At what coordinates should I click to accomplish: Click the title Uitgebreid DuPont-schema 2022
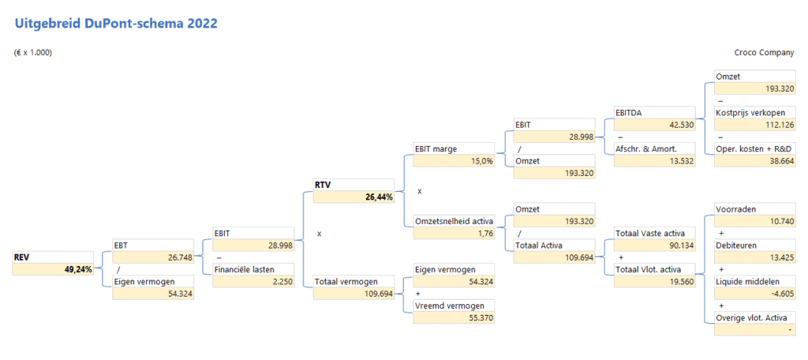pos(115,23)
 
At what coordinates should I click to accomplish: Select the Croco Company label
pos(764,53)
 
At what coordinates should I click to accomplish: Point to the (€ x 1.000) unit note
pos(33,53)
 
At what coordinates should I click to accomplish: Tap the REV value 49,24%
pos(78,269)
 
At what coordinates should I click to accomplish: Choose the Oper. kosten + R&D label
pos(754,148)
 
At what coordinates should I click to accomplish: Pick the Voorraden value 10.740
pos(779,221)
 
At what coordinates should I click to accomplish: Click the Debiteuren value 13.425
pos(779,257)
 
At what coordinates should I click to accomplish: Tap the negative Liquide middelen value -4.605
pos(779,294)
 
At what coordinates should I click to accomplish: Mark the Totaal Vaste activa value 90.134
pos(679,245)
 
